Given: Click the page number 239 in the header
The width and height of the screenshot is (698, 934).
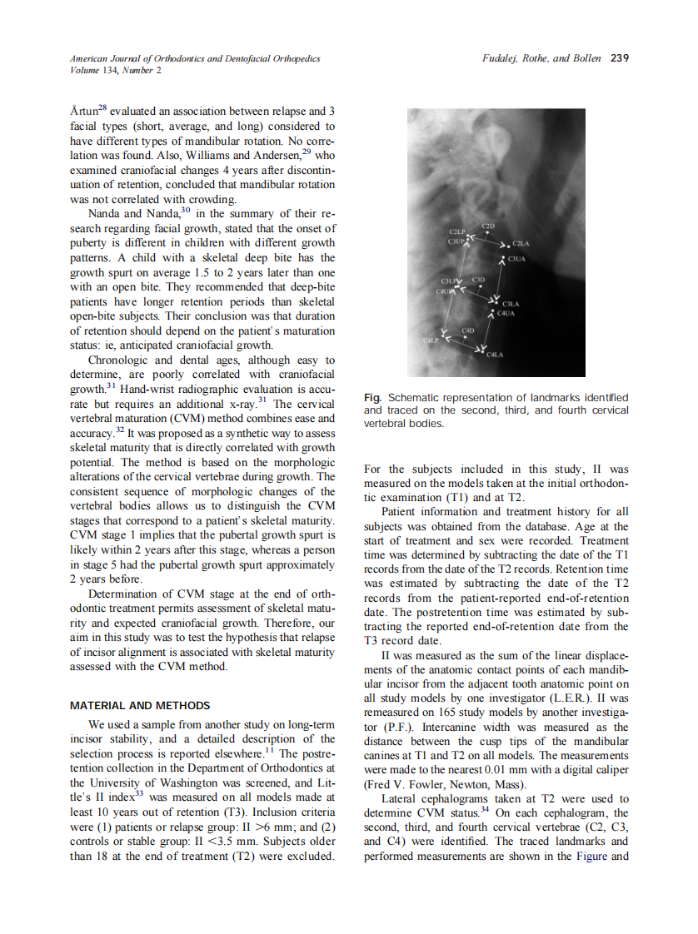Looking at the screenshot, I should point(620,58).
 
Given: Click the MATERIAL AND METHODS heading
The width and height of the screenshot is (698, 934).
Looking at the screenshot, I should point(140,706).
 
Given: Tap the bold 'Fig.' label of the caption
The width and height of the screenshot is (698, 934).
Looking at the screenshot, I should point(372,398).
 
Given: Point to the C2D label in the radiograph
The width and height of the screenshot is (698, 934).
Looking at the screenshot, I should point(490,226).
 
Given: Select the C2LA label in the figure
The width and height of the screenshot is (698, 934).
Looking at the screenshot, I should point(521,243).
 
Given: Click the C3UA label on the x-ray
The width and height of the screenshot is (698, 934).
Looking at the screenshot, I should point(516,260).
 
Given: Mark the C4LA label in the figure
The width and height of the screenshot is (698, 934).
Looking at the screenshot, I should point(496,355).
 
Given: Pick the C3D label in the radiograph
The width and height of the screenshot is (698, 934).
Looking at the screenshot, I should point(479,280).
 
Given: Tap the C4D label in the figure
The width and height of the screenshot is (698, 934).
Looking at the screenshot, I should point(467,331).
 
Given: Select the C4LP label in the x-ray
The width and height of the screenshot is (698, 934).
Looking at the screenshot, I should point(431,341).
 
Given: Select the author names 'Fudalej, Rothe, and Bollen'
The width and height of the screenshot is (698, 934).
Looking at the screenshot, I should point(541,58).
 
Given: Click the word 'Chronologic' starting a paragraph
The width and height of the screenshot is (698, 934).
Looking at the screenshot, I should point(118,360).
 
